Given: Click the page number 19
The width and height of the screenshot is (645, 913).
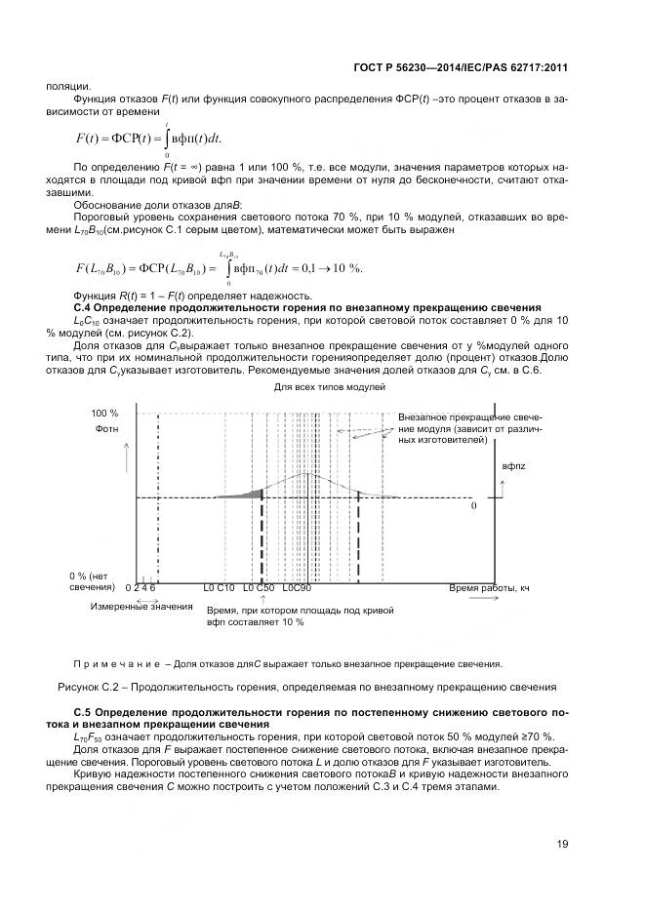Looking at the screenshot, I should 562,845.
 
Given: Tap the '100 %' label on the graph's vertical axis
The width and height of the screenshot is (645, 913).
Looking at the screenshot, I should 104,414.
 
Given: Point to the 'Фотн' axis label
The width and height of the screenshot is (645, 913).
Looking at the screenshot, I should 106,429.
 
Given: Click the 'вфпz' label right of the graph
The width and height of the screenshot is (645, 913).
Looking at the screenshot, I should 513,467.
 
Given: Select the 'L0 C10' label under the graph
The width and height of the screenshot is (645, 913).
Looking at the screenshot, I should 219,589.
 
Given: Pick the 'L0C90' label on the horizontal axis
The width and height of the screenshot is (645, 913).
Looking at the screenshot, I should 296,589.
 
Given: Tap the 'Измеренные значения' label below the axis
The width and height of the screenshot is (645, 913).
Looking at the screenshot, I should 128,607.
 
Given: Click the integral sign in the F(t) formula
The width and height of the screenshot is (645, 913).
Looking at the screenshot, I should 167,138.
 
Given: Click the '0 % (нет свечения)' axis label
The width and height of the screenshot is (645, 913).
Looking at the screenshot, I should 92,582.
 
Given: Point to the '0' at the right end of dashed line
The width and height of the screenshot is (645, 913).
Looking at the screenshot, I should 474,507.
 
